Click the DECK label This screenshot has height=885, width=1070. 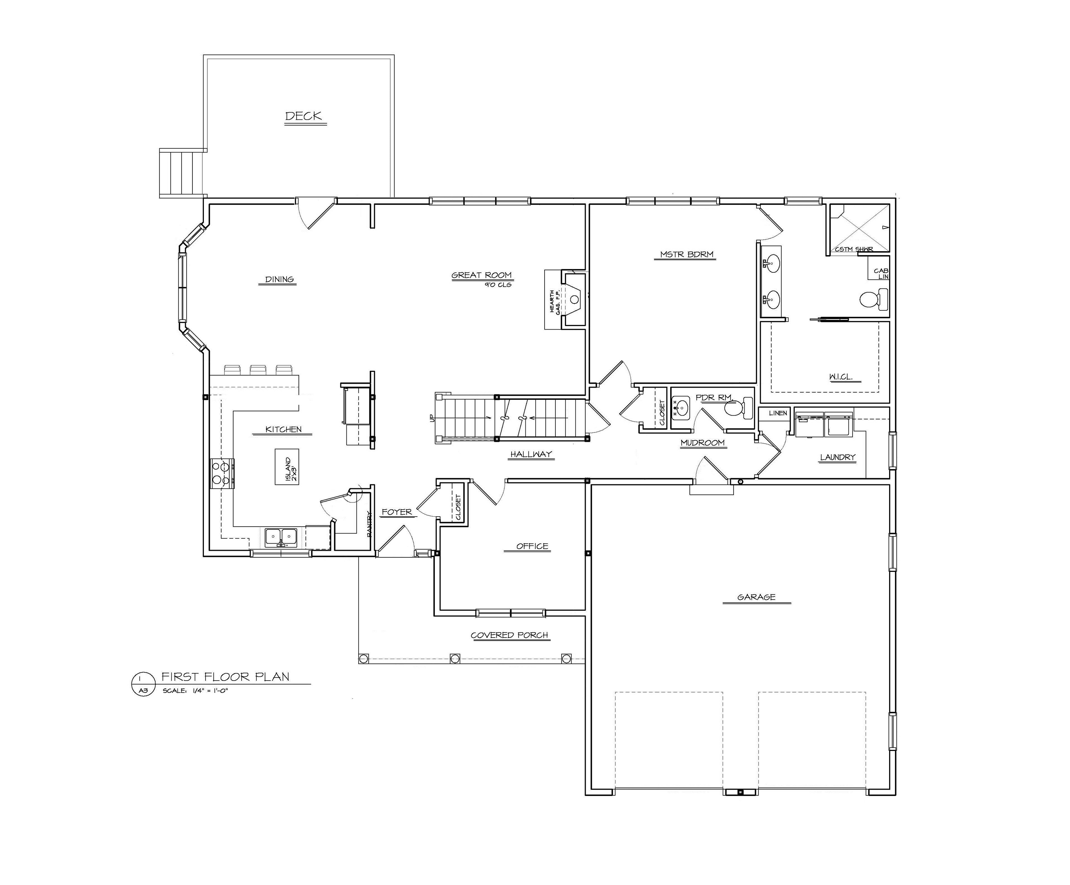coord(304,116)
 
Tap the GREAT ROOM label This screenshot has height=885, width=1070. coord(482,275)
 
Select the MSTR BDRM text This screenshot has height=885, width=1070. coord(687,254)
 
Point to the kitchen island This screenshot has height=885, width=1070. coord(287,467)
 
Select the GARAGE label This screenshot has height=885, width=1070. coord(756,597)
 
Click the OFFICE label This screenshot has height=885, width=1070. coord(532,546)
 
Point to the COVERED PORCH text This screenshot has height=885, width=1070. coord(510,635)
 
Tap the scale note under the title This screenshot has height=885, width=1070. coord(195,691)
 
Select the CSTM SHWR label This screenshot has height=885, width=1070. coord(854,249)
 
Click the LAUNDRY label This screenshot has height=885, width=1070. coord(838,457)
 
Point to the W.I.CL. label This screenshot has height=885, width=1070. coord(841,378)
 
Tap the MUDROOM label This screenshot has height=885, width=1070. coord(702,443)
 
